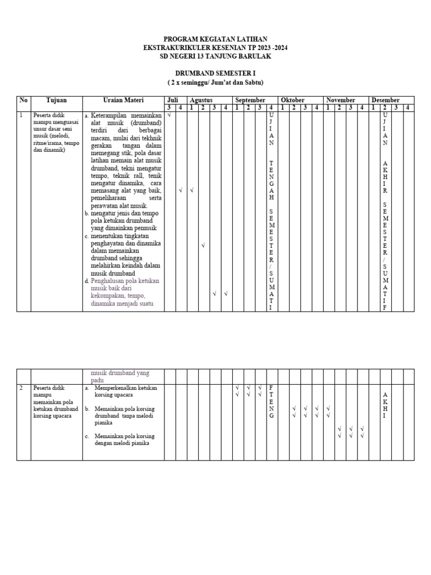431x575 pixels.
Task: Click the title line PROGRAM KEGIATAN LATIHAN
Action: (215, 40)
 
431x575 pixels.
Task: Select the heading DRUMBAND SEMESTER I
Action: (215, 74)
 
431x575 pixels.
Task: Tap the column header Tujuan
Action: (57, 100)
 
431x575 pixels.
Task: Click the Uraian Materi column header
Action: (123, 100)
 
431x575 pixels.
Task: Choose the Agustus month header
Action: (201, 100)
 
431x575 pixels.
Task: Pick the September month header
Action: (250, 100)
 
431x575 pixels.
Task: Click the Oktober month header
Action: (293, 100)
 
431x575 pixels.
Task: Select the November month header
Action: (341, 100)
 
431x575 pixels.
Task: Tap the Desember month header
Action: (386, 100)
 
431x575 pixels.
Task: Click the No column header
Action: (23, 100)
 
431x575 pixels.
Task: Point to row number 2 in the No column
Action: (21, 388)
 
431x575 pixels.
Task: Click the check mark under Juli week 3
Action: (168, 115)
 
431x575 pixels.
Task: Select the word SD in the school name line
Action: (165, 57)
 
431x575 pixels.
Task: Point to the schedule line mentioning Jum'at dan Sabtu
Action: (215, 83)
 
